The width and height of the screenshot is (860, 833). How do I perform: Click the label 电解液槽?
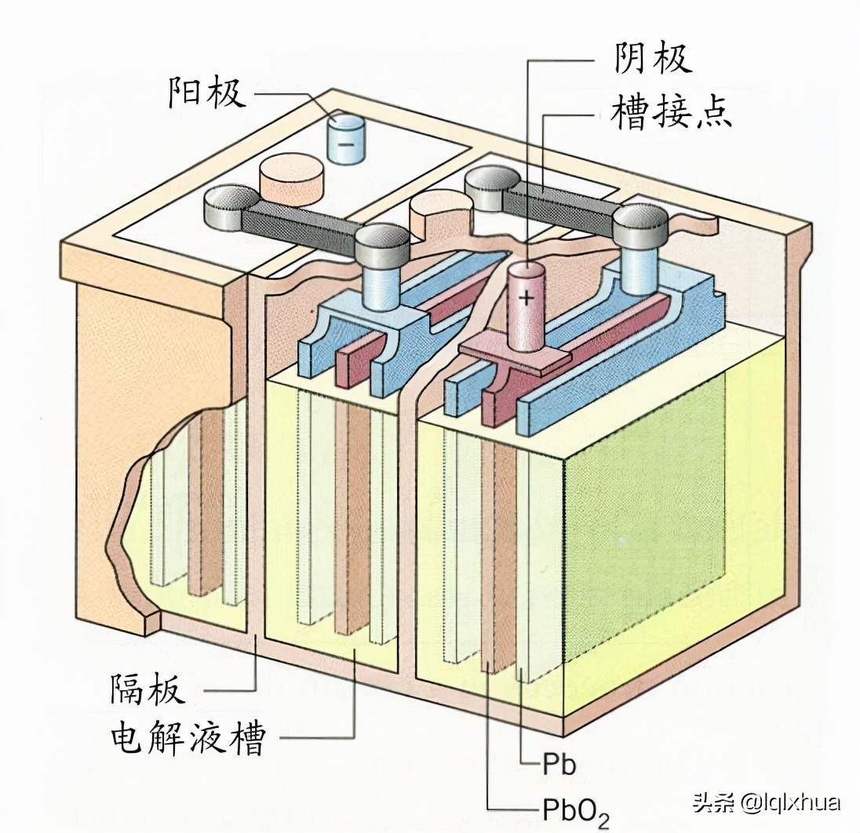[187, 739]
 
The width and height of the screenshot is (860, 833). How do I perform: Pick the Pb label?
[559, 764]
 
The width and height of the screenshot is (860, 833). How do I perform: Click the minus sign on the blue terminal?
[345, 144]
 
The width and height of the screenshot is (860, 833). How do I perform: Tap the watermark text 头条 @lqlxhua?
[766, 802]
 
